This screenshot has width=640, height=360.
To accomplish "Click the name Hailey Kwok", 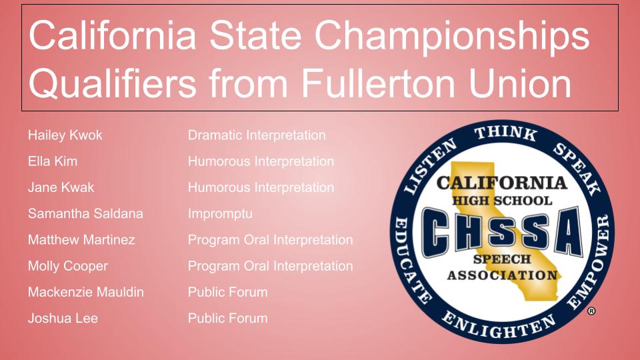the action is tap(65, 135).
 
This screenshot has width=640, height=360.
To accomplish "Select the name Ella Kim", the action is tap(52, 161).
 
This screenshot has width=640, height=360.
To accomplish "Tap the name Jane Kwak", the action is tap(61, 187).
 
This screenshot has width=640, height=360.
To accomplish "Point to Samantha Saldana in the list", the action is tap(85, 213).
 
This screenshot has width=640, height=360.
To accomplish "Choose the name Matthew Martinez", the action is tap(81, 239).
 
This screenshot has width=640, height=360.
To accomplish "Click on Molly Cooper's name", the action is tap(68, 266).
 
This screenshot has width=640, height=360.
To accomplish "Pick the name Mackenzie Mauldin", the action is tap(86, 292).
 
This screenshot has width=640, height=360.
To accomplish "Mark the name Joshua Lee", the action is tap(63, 319).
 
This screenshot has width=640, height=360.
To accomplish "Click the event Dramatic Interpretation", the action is tap(257, 135).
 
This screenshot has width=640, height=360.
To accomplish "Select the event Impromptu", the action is tap(220, 214).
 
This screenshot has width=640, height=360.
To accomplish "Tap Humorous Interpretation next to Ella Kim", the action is tap(261, 161).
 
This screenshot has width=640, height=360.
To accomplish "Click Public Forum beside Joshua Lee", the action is tap(228, 319).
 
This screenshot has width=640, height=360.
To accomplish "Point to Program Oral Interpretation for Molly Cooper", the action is tap(270, 266).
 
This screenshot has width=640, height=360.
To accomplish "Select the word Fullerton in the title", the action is tap(378, 83).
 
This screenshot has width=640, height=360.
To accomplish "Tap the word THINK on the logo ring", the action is tap(506, 133).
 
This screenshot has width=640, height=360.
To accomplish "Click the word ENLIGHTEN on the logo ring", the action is tap(499, 325).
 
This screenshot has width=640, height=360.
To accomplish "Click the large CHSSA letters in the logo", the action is tap(502, 231).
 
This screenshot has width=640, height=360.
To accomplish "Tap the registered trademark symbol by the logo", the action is tap(591, 311).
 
